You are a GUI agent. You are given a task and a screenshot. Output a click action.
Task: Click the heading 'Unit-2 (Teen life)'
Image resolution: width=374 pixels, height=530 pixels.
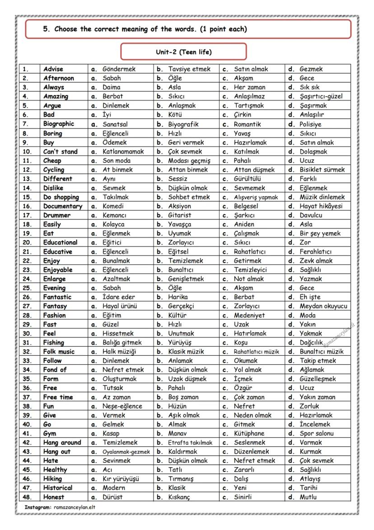[x=183, y=52]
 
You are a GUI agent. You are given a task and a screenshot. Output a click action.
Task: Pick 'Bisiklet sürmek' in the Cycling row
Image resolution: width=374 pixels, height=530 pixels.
[x=322, y=170]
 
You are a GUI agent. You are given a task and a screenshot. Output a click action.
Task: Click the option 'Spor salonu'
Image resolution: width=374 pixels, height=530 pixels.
[x=317, y=434]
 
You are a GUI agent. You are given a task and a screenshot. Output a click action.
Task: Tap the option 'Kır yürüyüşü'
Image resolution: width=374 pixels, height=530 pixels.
[x=121, y=479]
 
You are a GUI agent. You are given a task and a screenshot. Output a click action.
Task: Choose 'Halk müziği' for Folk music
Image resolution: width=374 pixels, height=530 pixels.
[x=119, y=352]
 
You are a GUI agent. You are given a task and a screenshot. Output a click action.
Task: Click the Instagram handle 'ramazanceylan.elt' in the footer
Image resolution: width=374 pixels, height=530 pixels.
[x=74, y=507]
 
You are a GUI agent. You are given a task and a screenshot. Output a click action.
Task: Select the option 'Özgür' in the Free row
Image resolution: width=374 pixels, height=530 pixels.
[x=243, y=388]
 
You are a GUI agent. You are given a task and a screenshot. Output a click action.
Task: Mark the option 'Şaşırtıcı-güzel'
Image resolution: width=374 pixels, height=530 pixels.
[x=321, y=96]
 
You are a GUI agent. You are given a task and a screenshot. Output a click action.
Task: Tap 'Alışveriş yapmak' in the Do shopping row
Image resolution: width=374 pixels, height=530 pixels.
[x=256, y=197]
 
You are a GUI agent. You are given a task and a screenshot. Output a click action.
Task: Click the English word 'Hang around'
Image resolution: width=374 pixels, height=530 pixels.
[x=62, y=443]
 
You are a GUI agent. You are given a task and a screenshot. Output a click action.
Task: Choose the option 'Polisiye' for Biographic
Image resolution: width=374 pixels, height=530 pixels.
[x=310, y=124]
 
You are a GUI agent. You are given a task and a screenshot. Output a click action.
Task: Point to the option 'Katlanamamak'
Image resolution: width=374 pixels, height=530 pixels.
[x=123, y=152]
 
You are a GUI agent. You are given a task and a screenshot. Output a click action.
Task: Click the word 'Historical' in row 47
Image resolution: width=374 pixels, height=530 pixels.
[x=58, y=488]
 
